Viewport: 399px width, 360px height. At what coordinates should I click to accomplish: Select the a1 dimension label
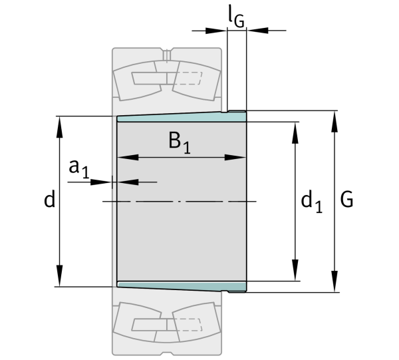(79, 168)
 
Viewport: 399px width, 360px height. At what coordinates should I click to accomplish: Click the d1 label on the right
(311, 202)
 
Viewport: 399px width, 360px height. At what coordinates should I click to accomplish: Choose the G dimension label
(346, 199)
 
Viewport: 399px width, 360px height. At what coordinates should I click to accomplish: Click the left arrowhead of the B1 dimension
(128, 157)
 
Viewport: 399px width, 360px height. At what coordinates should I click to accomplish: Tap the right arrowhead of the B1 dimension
(235, 157)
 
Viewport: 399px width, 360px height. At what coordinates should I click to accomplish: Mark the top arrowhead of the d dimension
(60, 127)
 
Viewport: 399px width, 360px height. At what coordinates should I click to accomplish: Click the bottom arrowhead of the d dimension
(60, 275)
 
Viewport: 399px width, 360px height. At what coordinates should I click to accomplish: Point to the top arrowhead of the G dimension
(334, 122)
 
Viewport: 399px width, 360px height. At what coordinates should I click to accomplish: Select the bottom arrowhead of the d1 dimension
(295, 270)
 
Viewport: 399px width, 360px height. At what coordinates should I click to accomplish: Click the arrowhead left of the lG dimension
(216, 31)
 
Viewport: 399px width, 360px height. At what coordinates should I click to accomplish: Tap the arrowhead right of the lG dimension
(257, 31)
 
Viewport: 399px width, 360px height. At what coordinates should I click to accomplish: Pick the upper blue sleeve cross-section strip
(182, 117)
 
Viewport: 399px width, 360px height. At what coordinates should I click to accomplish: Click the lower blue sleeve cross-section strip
(182, 286)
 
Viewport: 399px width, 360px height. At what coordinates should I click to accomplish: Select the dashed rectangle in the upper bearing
(188, 78)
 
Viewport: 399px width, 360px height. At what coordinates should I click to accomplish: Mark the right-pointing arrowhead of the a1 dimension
(102, 182)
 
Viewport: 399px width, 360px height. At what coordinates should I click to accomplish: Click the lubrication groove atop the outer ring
(167, 55)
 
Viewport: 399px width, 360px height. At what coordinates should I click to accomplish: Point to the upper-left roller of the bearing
(138, 81)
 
